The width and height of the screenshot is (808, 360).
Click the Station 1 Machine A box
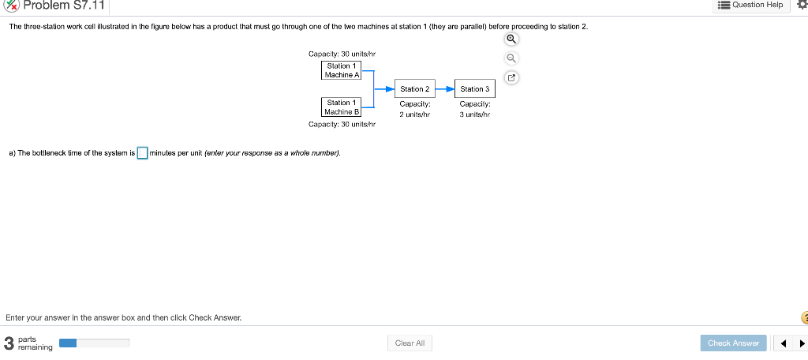[x=342, y=70]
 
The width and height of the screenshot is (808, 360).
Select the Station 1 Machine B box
[x=342, y=107]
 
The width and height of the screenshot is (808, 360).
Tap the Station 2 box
[x=414, y=89]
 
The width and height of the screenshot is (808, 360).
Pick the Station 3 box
[x=475, y=89]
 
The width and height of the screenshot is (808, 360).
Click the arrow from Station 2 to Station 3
[x=446, y=89]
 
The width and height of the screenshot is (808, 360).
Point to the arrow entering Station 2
[x=385, y=89]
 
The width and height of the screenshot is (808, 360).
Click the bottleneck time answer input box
[x=143, y=153]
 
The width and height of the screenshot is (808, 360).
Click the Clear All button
[x=410, y=343]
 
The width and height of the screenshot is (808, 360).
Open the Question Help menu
[x=750, y=5]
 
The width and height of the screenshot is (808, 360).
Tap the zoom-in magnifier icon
[x=511, y=39]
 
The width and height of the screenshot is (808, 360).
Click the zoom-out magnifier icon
[x=511, y=58]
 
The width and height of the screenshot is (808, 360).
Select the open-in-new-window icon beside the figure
[x=511, y=78]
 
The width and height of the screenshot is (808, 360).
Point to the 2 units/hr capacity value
[x=414, y=114]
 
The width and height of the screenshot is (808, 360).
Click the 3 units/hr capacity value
[x=475, y=114]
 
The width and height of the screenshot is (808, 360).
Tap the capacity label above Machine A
[x=342, y=53]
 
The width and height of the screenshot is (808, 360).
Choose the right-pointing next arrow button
[x=802, y=343]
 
